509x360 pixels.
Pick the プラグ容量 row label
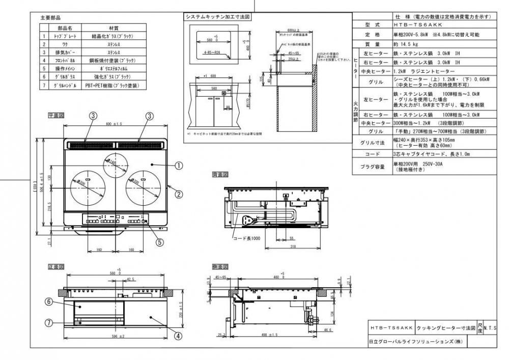[x=372, y=166]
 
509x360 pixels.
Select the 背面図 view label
[x=220, y=175]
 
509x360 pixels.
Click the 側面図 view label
[x=220, y=267]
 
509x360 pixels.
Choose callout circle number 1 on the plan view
[x=179, y=165]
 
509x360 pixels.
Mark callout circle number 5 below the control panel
[x=159, y=242]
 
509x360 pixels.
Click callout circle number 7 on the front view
[x=49, y=322]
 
